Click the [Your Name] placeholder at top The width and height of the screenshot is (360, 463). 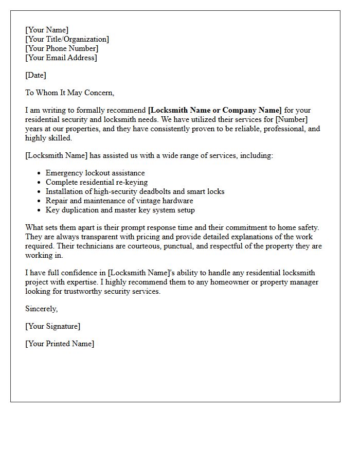pyautogui.click(x=47, y=30)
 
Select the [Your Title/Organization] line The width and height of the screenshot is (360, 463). pyautogui.click(x=67, y=39)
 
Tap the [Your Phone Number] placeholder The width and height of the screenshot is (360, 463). pyautogui.click(x=62, y=48)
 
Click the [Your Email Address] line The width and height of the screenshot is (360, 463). pyautogui.click(x=61, y=58)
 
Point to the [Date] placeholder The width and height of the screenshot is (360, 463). pyautogui.click(x=35, y=75)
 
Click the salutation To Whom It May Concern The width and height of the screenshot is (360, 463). pyautogui.click(x=69, y=93)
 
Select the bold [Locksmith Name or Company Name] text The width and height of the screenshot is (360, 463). pyautogui.click(x=214, y=110)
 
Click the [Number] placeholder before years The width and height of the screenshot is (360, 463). pyautogui.click(x=292, y=119)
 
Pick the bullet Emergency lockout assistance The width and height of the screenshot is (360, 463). pyautogui.click(x=95, y=173)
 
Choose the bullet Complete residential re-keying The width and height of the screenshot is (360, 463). pyautogui.click(x=97, y=182)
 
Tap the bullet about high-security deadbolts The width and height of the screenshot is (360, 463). pyautogui.click(x=135, y=191)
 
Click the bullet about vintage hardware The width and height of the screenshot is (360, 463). pyautogui.click(x=119, y=201)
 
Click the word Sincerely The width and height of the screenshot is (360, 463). pyautogui.click(x=41, y=309)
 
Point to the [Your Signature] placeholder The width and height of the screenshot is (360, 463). pyautogui.click(x=52, y=326)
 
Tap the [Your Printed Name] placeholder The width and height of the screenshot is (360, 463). pyautogui.click(x=60, y=344)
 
